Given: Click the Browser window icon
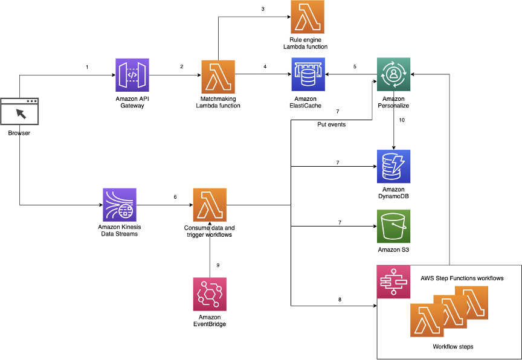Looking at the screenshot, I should point(19,112).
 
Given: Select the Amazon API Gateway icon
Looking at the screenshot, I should point(132,75).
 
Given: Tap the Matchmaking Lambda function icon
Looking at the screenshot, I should point(218,75).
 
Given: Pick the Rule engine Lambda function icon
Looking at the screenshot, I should point(308,17).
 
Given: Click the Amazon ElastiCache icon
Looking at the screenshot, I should point(308,75).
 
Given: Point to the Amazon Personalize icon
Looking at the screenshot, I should point(394,75).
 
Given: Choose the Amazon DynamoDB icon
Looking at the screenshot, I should point(394,167).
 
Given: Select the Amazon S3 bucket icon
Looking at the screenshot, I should point(394,227).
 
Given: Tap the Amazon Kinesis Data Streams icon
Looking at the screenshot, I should point(120,205).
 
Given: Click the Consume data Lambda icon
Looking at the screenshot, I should point(210,205).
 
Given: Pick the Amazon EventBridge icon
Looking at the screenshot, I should point(210,294).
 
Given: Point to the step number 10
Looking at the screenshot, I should point(402,120).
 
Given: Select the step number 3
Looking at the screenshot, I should point(263,9).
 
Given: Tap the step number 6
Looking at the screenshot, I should point(175,196).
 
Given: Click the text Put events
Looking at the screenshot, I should point(332,124).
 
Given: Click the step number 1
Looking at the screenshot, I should point(87,66).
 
